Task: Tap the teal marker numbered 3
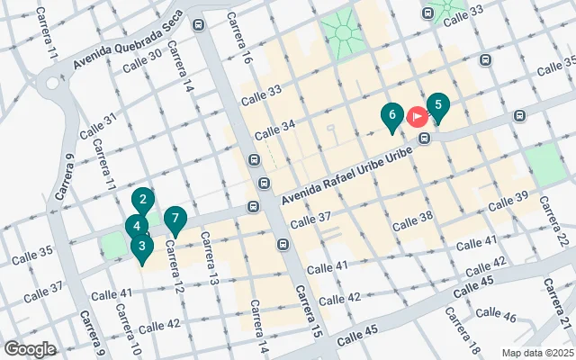tap(141, 246)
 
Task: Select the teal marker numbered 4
tap(135, 227)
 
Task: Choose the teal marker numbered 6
tap(391, 116)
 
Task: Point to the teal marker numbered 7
tap(175, 219)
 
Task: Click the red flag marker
tap(418, 116)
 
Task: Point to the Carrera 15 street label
tap(308, 310)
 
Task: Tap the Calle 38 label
tap(413, 218)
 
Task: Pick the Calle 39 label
tap(508, 202)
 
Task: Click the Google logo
tap(30, 349)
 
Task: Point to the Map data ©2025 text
tap(536, 352)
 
